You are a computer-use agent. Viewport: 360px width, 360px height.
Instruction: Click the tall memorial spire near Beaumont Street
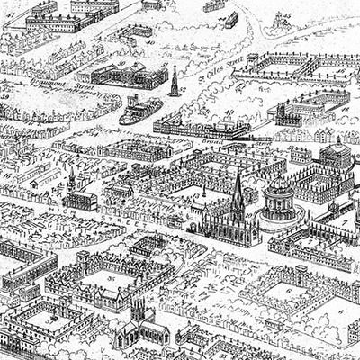173,81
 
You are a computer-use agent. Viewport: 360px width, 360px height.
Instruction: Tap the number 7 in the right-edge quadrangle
335,221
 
